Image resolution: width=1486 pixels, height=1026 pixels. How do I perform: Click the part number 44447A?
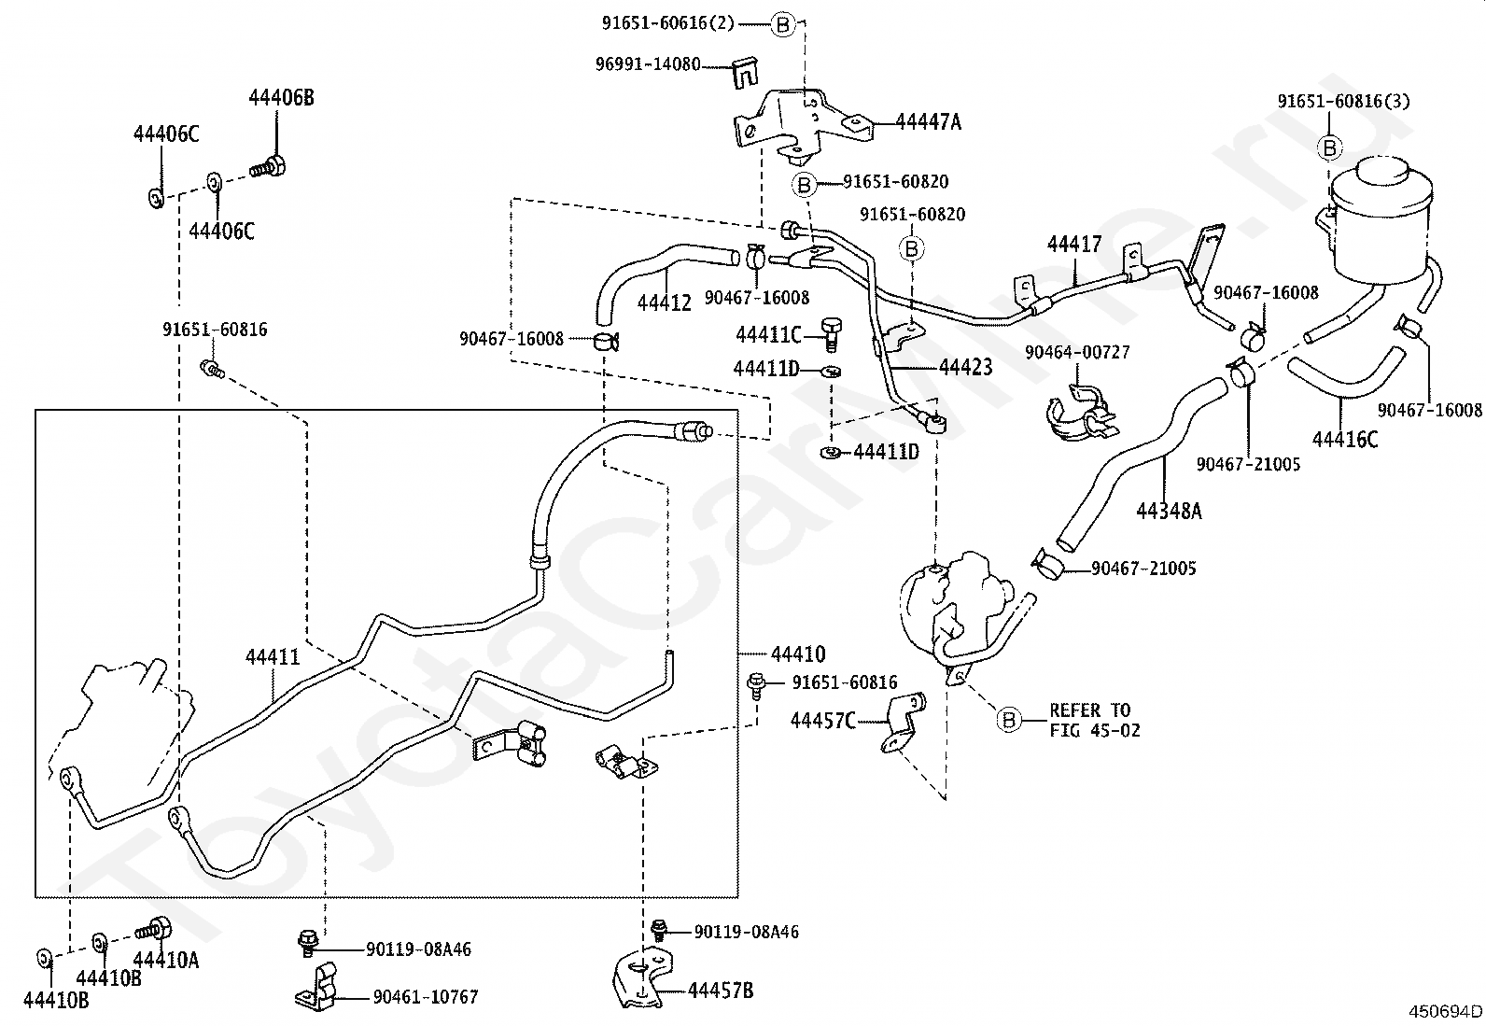[x=928, y=122]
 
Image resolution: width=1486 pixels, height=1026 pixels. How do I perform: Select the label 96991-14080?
[x=648, y=64]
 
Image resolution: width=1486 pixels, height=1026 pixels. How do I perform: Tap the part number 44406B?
[x=281, y=97]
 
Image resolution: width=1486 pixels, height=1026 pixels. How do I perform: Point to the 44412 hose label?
[x=664, y=302]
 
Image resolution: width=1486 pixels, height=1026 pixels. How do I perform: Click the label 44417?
[x=1074, y=245]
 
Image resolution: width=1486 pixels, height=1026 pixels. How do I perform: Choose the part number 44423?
[x=965, y=367]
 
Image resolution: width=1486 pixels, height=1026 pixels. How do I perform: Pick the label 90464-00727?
[x=1077, y=352]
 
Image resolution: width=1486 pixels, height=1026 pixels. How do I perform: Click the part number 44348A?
[x=1169, y=511]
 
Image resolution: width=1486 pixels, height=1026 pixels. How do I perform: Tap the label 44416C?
[x=1345, y=440]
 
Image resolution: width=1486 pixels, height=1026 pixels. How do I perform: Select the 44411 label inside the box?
[x=273, y=657]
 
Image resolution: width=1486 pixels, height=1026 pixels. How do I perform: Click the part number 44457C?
[x=822, y=721]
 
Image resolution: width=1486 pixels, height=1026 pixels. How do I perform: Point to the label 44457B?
[x=721, y=991]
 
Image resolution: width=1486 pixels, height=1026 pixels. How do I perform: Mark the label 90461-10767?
[x=426, y=997]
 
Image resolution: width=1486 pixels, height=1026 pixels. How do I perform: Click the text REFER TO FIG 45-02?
[x=1095, y=720]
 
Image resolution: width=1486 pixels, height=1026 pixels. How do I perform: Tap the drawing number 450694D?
[x=1445, y=1011]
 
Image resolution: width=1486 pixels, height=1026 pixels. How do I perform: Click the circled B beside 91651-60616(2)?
[x=783, y=25]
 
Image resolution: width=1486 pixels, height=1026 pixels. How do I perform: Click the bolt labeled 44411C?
[x=832, y=335]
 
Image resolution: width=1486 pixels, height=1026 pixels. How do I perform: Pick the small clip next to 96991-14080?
[x=746, y=73]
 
